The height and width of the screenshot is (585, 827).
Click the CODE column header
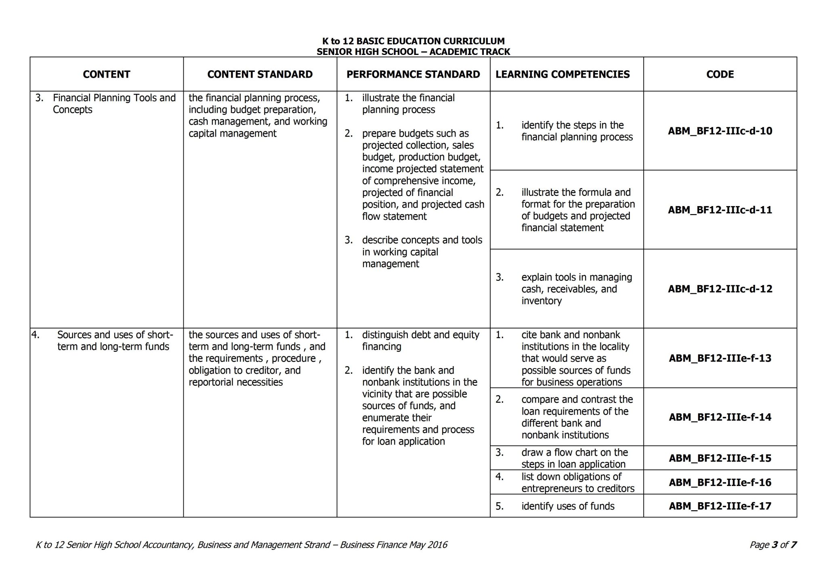click(x=720, y=74)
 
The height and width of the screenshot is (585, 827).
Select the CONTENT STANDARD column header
click(x=260, y=74)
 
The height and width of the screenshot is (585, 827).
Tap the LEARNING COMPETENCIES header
click(x=563, y=74)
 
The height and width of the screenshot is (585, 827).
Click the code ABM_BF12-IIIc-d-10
click(x=720, y=131)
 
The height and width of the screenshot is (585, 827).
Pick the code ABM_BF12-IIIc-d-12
click(x=720, y=289)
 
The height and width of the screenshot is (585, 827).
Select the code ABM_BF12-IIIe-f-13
click(x=720, y=358)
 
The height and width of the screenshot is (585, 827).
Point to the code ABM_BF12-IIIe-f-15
click(x=720, y=458)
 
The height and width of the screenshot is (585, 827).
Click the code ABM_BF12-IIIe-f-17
click(x=720, y=506)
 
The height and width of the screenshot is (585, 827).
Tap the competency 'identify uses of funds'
click(x=567, y=506)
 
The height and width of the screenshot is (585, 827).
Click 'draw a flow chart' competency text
click(x=574, y=458)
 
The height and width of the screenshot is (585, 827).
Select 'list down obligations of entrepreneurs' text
click(x=577, y=482)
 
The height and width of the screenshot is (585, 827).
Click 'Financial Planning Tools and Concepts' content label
click(x=114, y=104)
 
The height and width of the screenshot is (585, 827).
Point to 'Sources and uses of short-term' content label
click(x=115, y=341)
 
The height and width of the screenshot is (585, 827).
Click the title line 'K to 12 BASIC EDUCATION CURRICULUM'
click(x=413, y=41)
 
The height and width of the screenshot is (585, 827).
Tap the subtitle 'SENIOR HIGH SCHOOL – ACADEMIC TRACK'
click(x=413, y=52)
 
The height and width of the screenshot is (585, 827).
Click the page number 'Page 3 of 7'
click(x=772, y=545)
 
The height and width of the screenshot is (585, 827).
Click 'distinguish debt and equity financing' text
click(x=420, y=341)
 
